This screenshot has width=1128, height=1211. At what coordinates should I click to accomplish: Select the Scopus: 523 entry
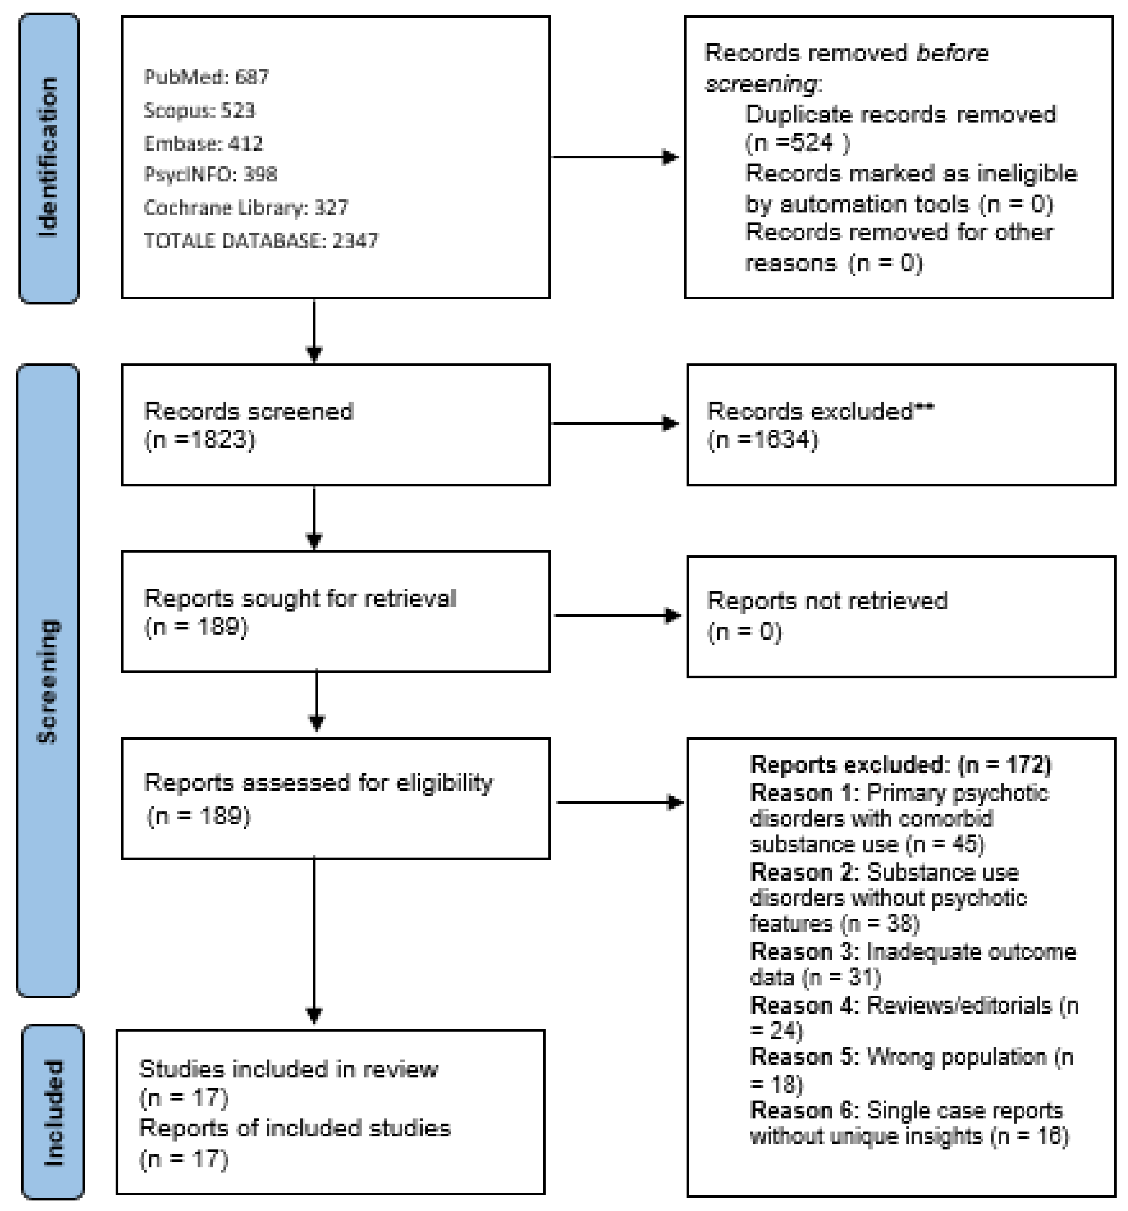click(x=199, y=110)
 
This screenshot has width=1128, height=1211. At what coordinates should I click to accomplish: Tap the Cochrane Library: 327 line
click(x=245, y=208)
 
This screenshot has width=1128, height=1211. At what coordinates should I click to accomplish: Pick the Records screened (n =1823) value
click(x=200, y=440)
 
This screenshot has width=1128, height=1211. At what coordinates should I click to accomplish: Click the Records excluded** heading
click(x=820, y=412)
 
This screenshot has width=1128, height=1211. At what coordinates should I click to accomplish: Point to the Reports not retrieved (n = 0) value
click(x=744, y=632)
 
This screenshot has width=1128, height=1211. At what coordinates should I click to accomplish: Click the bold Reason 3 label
click(x=803, y=951)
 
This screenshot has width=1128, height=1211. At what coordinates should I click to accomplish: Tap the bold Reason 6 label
click(x=803, y=1111)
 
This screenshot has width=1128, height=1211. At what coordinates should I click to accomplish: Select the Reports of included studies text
click(x=295, y=1129)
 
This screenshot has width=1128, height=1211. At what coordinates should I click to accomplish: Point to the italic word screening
click(x=761, y=84)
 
